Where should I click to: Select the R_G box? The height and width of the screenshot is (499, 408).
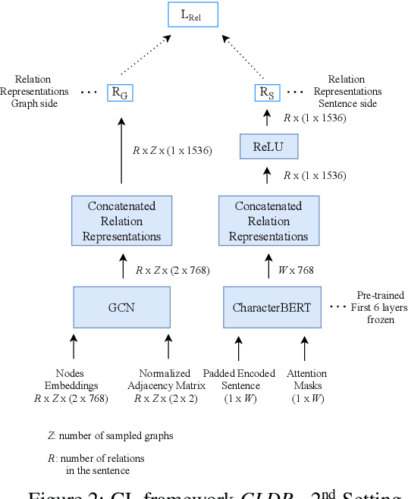click(x=120, y=92)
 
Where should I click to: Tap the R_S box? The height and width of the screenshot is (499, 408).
click(x=265, y=92)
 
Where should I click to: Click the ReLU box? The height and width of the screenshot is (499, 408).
click(x=265, y=146)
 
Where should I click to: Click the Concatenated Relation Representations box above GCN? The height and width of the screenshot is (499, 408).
click(x=121, y=221)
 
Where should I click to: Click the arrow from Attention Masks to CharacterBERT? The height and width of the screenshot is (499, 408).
click(x=306, y=347)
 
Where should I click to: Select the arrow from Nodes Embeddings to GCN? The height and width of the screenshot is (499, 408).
click(x=74, y=347)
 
